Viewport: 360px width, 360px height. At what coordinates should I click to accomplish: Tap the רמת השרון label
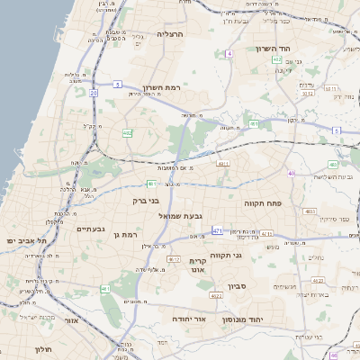coord(161,89)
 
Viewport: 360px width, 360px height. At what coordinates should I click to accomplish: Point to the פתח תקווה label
coord(263,204)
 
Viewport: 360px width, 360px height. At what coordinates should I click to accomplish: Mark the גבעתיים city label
coord(93,229)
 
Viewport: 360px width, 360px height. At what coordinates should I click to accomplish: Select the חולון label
coord(43,349)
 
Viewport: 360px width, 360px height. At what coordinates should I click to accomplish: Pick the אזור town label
coord(72,319)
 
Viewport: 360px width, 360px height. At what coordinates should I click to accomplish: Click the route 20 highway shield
coord(94,92)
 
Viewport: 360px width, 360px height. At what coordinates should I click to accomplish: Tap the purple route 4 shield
coord(229,54)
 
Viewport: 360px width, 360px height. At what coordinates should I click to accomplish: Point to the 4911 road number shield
coord(223,164)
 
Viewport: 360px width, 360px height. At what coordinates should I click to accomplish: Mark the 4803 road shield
coord(310,211)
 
